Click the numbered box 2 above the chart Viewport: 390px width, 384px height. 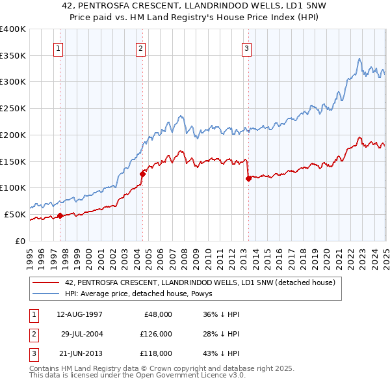click(x=141, y=48)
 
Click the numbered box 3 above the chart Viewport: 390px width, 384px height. click(x=247, y=48)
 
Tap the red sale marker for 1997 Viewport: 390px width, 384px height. click(x=60, y=215)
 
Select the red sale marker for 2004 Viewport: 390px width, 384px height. click(x=142, y=173)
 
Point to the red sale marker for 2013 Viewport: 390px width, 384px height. click(x=248, y=178)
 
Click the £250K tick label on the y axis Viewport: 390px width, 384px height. click(x=13, y=108)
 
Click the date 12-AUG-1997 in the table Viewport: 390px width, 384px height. click(x=80, y=314)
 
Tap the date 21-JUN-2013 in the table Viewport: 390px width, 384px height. click(x=80, y=354)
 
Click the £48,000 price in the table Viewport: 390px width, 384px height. click(x=157, y=314)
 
